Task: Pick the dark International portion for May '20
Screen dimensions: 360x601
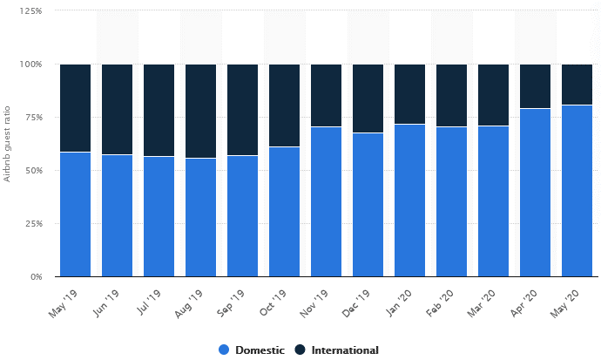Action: tap(577, 85)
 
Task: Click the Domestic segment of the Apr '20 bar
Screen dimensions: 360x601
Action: tap(535, 193)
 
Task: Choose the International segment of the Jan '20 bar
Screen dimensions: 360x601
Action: tap(409, 94)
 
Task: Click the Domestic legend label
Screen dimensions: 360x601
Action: tap(260, 350)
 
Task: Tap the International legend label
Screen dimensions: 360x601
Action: tap(345, 350)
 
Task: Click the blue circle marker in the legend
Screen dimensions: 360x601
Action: tap(224, 350)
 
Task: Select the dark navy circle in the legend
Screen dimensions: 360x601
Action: tap(300, 350)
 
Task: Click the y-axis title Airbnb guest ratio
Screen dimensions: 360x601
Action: tap(8, 144)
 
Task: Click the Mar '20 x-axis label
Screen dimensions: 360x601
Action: tap(483, 301)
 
